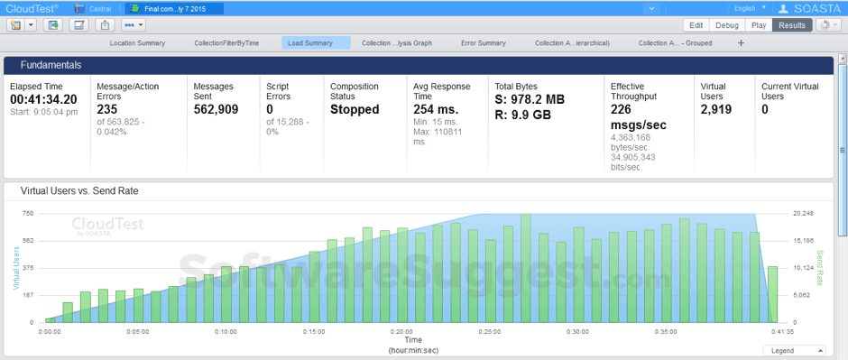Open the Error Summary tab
tap(483, 42)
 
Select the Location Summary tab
tap(136, 42)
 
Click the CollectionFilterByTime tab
tap(226, 42)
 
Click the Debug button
tap(727, 25)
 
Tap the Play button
tap(760, 25)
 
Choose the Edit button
tap(696, 25)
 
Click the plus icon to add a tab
tap(742, 42)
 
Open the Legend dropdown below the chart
tap(794, 350)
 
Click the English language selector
tap(750, 8)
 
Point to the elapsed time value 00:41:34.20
tap(42, 98)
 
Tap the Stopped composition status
tap(355, 109)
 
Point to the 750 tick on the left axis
tap(28, 213)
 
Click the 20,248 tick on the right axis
tap(803, 213)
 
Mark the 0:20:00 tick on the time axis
tap(401, 331)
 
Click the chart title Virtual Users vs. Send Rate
tap(79, 191)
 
